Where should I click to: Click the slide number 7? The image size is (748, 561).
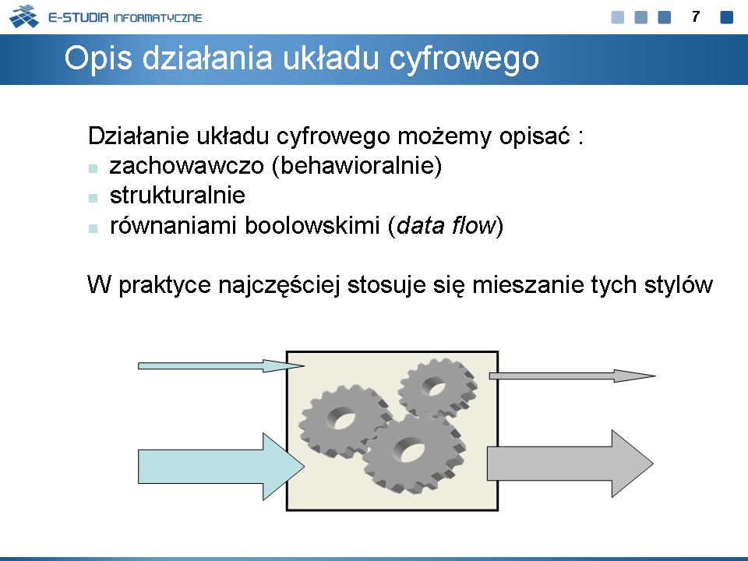coord(696,16)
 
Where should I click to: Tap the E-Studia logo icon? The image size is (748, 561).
coord(24,16)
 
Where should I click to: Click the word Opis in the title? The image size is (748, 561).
coord(98,58)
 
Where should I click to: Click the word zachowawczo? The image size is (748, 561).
coord(186,166)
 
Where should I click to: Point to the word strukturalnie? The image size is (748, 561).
coord(178,196)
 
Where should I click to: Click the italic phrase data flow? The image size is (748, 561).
coord(446,225)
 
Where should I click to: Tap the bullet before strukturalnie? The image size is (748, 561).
coord(93,198)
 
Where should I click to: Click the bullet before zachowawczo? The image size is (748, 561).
coord(93,168)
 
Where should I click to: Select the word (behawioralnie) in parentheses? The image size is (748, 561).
coord(357,166)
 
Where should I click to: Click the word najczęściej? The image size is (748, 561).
coord(279,285)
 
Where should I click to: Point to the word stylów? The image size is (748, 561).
coord(679,285)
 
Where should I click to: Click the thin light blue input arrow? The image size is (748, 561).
coord(221,366)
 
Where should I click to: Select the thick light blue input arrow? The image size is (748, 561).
coord(221,467)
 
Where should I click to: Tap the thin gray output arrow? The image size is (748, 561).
coord(573,376)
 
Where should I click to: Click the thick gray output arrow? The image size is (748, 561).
coord(570,463)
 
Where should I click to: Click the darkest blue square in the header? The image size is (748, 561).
coord(726,17)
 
